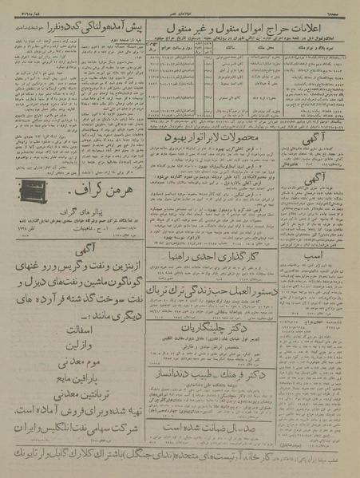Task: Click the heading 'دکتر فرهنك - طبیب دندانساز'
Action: click(x=221, y=370)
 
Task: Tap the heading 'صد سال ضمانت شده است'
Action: click(x=221, y=428)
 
